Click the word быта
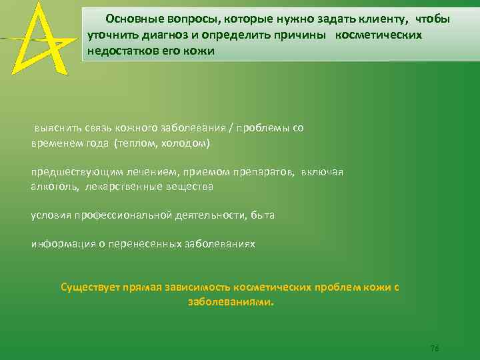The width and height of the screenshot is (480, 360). pyautogui.click(x=263, y=215)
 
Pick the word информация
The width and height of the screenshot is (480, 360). pyautogui.click(x=61, y=244)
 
